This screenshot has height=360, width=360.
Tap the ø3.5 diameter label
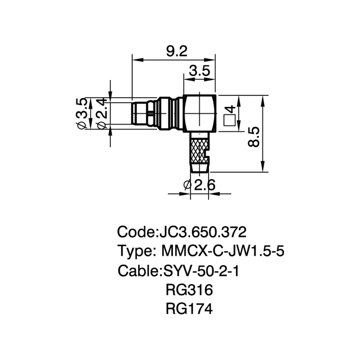coord(81,113)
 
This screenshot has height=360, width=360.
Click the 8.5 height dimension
coord(253,137)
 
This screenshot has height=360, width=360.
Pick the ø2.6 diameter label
coord(199,185)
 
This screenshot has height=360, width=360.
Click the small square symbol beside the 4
coord(229,120)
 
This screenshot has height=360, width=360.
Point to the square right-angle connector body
coord(199,114)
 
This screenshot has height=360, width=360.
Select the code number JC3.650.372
coord(202,232)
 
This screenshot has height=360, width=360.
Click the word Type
coord(134,251)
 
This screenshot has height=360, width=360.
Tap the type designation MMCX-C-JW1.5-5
coord(223,251)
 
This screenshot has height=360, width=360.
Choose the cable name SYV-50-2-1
coord(201,271)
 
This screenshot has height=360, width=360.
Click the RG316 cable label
coord(189,290)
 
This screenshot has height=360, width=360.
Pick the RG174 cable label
coord(189,309)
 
